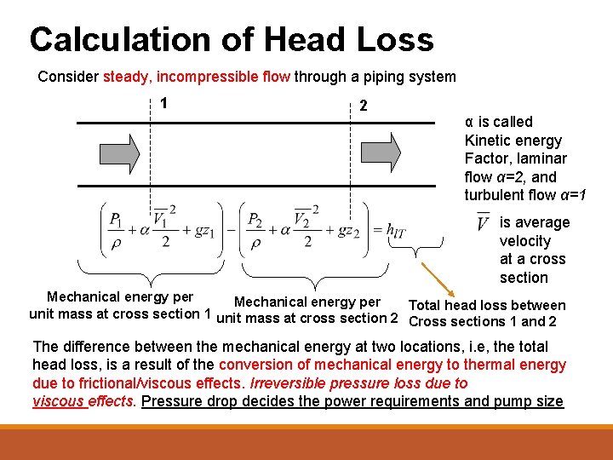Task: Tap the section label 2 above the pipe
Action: coord(364,107)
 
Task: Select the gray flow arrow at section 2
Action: coord(382,152)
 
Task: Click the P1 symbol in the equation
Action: coord(116,221)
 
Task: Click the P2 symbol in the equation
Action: coord(255,221)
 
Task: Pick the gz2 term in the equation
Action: coord(347,231)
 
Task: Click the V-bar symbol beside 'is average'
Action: coord(483,223)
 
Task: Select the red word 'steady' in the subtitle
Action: coord(125,77)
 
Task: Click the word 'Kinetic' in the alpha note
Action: coord(488,140)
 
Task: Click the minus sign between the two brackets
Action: coord(231,230)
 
